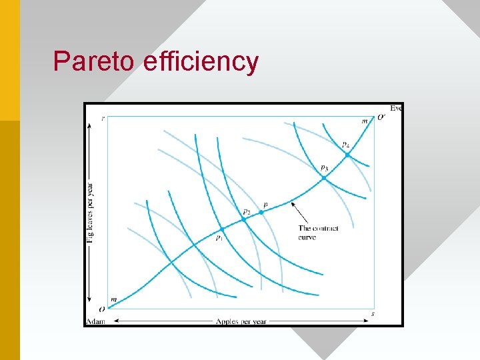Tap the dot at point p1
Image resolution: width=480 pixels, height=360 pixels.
[x=222, y=229]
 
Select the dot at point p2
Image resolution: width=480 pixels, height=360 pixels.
[x=244, y=219]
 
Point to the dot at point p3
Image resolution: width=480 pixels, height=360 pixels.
[x=324, y=178]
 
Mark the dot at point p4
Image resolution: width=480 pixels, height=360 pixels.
[x=347, y=155]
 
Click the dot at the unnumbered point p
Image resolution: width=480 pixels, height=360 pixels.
[x=261, y=212]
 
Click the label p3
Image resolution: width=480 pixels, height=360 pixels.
[x=324, y=167]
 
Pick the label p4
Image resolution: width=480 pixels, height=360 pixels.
[x=345, y=144]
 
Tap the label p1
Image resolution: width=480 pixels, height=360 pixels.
[x=219, y=237]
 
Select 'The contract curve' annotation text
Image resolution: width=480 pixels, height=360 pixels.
[x=318, y=233]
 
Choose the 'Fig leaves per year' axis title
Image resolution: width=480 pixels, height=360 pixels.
[x=91, y=211]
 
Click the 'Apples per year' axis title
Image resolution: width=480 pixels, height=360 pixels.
[x=241, y=322]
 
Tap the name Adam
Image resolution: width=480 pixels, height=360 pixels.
[x=95, y=322]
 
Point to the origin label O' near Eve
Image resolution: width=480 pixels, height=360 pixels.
[x=381, y=117]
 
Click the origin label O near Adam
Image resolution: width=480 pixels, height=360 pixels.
[x=101, y=309]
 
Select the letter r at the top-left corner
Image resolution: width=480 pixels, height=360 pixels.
[x=103, y=118]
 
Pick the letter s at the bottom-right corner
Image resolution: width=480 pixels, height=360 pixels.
[x=372, y=313]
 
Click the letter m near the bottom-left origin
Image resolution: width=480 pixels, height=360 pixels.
[x=113, y=301]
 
